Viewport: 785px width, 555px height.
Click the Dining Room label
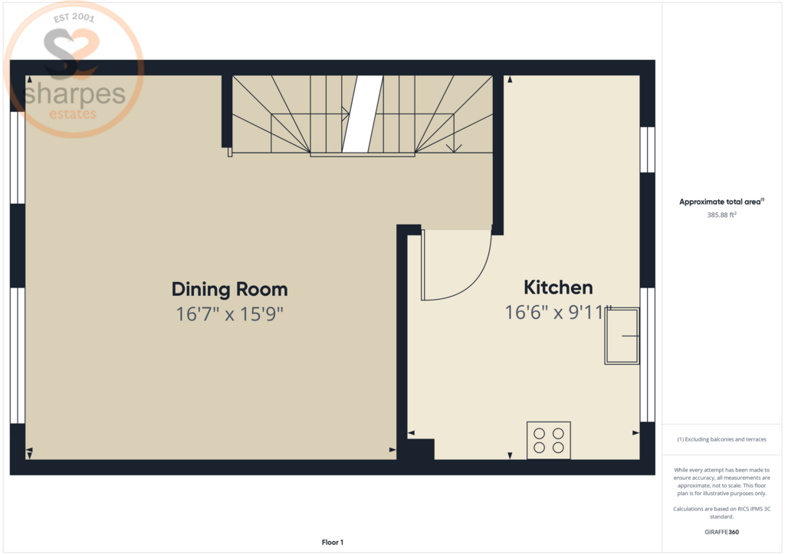(230, 289)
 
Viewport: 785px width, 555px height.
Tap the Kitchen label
(558, 287)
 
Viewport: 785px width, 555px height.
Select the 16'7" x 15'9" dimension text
(230, 314)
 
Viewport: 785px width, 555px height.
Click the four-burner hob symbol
(549, 440)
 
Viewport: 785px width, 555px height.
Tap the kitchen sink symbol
(622, 336)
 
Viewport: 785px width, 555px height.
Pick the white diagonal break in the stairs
(363, 113)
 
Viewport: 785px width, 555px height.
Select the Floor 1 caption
(333, 543)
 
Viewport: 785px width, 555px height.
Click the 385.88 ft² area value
(721, 215)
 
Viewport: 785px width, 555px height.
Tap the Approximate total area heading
(721, 202)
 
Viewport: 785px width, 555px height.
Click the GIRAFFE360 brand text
(721, 532)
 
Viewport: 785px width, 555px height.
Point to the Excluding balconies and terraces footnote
(721, 439)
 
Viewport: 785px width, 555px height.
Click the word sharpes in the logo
(74, 94)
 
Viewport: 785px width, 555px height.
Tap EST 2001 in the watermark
(74, 18)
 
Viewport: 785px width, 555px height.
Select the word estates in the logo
(73, 114)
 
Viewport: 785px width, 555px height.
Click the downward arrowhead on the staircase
(454, 148)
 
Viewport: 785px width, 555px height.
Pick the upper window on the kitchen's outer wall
(647, 149)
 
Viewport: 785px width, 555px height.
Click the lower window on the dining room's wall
(18, 356)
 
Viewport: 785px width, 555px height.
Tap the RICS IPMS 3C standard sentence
(721, 513)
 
